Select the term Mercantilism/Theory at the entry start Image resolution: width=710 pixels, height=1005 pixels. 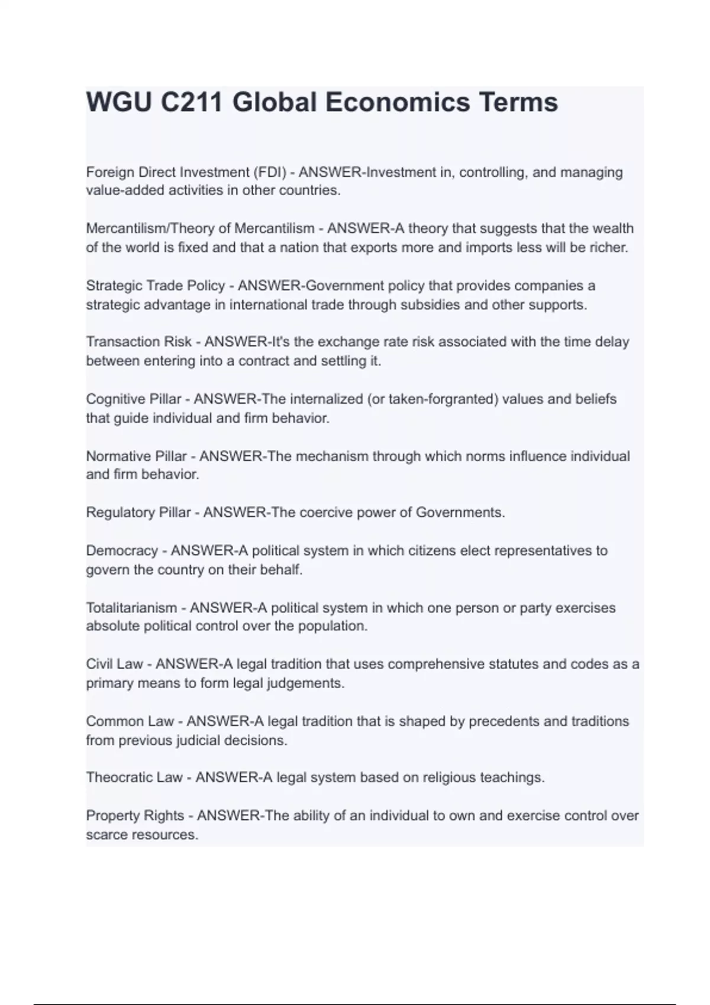[158, 228]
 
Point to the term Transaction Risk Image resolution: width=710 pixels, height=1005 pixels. [139, 342]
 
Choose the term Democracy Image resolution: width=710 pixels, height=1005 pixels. [122, 550]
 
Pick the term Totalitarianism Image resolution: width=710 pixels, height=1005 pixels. [131, 608]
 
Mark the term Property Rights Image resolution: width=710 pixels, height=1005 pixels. [135, 816]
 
